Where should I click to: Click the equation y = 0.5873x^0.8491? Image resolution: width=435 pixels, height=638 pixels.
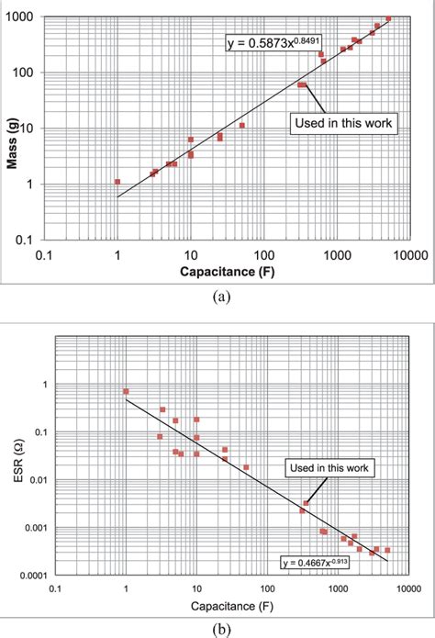point(273,42)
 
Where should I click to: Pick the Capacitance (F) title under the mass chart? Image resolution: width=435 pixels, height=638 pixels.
point(226,273)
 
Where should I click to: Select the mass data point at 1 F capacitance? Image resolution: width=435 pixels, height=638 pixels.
point(117,182)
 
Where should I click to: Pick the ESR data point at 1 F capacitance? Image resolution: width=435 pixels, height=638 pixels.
point(126,391)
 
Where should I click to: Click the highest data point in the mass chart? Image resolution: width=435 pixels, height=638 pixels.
point(388,18)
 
